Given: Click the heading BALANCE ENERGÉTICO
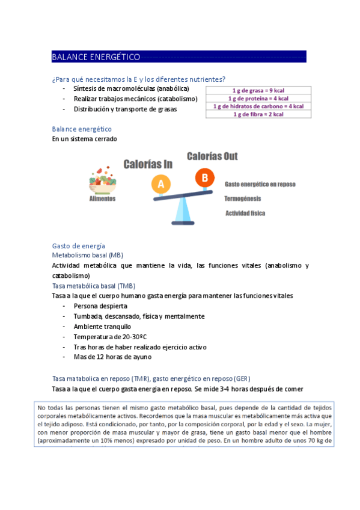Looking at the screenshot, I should point(96,57).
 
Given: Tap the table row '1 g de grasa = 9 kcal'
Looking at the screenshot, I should point(258,91).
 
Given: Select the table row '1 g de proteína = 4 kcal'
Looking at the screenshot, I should point(258,99).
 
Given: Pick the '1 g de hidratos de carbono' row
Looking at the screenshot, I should point(258,106).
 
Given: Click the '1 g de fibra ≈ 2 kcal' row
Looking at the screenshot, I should point(258,114).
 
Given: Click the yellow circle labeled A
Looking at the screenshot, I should point(160,185).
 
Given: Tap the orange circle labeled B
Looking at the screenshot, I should point(205,177).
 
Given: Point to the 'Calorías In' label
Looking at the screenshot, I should point(148,164).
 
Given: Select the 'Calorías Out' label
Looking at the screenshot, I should point(212,156).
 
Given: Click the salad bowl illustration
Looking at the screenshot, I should point(102,179).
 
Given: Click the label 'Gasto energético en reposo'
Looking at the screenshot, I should point(260,184).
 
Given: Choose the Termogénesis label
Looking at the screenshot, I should point(243,198).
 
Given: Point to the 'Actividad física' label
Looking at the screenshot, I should point(245,213).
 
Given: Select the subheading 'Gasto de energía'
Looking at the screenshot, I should point(79,246).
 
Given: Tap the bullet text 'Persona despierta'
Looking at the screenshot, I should point(100,306).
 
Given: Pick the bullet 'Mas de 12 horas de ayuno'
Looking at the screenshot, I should point(112,357).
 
